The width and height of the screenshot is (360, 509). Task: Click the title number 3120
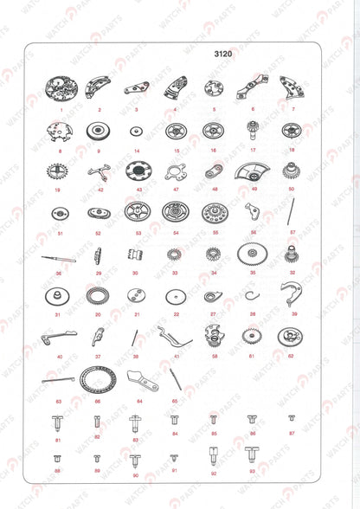224,54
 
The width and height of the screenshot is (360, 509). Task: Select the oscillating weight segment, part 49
253,171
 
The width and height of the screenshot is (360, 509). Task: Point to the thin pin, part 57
292,209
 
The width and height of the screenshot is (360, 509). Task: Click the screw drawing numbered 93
253,454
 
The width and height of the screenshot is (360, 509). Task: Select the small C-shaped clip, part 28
252,297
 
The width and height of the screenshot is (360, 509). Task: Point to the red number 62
291,356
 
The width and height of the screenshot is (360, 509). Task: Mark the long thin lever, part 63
58,381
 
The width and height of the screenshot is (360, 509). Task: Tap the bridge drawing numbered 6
251,86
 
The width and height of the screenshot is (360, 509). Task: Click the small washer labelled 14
136,131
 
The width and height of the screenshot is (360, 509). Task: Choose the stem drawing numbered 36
58,257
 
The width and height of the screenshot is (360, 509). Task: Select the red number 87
292,432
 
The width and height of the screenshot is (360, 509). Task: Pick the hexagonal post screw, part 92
213,455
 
